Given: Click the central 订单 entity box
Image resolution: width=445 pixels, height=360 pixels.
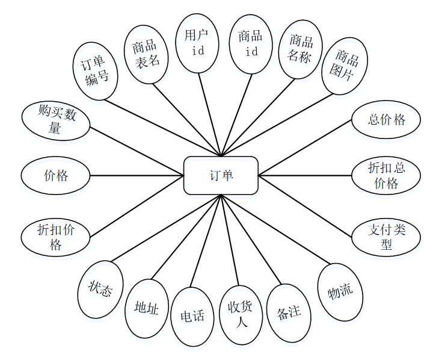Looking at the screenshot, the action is click(221, 176).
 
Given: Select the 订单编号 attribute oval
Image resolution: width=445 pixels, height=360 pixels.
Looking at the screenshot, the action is click(96, 70).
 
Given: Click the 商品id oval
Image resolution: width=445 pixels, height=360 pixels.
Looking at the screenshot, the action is click(251, 43).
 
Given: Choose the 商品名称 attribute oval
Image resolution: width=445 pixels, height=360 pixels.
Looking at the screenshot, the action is click(301, 49).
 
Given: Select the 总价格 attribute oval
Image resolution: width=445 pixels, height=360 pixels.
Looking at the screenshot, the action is click(385, 120).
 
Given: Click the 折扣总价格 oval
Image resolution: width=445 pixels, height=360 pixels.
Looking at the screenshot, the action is click(385, 176).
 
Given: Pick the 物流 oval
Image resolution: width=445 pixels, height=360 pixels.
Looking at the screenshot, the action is click(340, 292).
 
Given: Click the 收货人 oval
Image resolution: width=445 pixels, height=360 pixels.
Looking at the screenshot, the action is click(241, 314).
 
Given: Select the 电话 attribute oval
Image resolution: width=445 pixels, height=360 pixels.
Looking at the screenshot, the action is click(192, 316).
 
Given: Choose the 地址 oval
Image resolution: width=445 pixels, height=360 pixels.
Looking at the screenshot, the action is click(146, 308).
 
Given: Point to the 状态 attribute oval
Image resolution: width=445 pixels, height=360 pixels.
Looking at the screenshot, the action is click(100, 290).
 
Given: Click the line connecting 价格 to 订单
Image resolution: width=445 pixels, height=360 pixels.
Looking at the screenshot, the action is click(137, 176).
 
